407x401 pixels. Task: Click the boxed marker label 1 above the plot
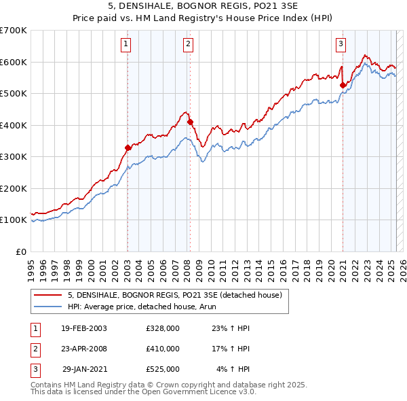tap(127, 45)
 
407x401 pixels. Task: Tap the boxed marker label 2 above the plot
tap(188, 45)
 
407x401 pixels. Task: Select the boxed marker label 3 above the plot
tap(341, 45)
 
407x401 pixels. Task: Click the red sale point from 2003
tap(128, 147)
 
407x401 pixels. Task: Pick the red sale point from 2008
tap(190, 122)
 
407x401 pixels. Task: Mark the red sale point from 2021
tap(343, 85)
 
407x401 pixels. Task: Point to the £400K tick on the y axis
tap(14, 125)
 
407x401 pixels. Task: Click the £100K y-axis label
tap(14, 220)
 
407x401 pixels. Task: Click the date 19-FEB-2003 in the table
tap(84, 328)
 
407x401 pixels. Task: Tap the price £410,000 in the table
tap(163, 349)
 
